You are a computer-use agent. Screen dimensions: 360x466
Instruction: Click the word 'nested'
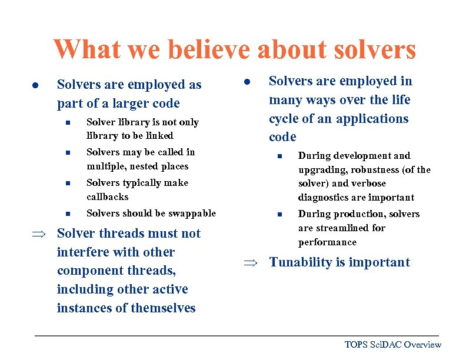138,166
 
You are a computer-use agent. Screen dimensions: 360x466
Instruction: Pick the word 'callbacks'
107,197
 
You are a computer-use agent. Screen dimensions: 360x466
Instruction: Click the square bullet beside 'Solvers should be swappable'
68,214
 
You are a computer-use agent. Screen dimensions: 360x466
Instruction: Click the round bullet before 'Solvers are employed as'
35,85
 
